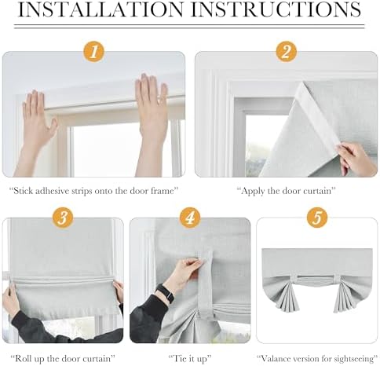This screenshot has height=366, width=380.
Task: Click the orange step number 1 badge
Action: [94, 52]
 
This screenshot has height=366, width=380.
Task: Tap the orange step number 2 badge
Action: [287, 52]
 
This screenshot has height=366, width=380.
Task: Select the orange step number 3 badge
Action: [63, 218]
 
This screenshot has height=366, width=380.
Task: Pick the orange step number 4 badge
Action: [190, 218]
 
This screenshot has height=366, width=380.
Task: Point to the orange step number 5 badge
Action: [317, 218]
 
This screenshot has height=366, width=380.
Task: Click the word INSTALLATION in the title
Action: [100, 9]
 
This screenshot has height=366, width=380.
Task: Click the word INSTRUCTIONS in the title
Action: [276, 9]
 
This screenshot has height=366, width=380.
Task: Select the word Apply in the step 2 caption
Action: [253, 192]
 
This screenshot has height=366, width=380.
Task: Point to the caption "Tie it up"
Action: [190, 358]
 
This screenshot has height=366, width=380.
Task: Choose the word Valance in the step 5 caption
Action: [276, 358]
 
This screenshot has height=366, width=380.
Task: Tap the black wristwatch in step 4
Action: [166, 293]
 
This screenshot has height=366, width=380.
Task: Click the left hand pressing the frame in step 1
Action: [38, 119]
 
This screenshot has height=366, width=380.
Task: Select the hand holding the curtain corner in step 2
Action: [356, 159]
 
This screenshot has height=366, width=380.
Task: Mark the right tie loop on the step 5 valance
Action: [337, 279]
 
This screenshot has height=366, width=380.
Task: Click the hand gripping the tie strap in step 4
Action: [185, 273]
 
